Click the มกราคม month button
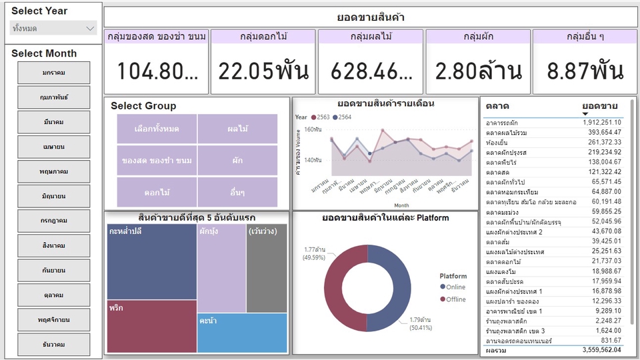click(x=53, y=73)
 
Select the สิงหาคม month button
click(x=53, y=245)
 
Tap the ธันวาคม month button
click(x=53, y=344)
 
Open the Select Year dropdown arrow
click(x=91, y=28)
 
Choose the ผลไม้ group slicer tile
click(x=237, y=128)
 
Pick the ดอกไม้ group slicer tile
click(x=157, y=192)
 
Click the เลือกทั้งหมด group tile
click(x=157, y=128)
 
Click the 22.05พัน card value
click(x=263, y=71)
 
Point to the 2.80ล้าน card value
click(x=478, y=71)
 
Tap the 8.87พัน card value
click(x=585, y=71)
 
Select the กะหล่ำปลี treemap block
click(x=151, y=261)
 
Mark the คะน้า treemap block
click(x=242, y=333)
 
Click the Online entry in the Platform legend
click(x=455, y=287)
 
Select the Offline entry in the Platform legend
click(x=456, y=299)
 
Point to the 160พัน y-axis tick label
click(x=313, y=130)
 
